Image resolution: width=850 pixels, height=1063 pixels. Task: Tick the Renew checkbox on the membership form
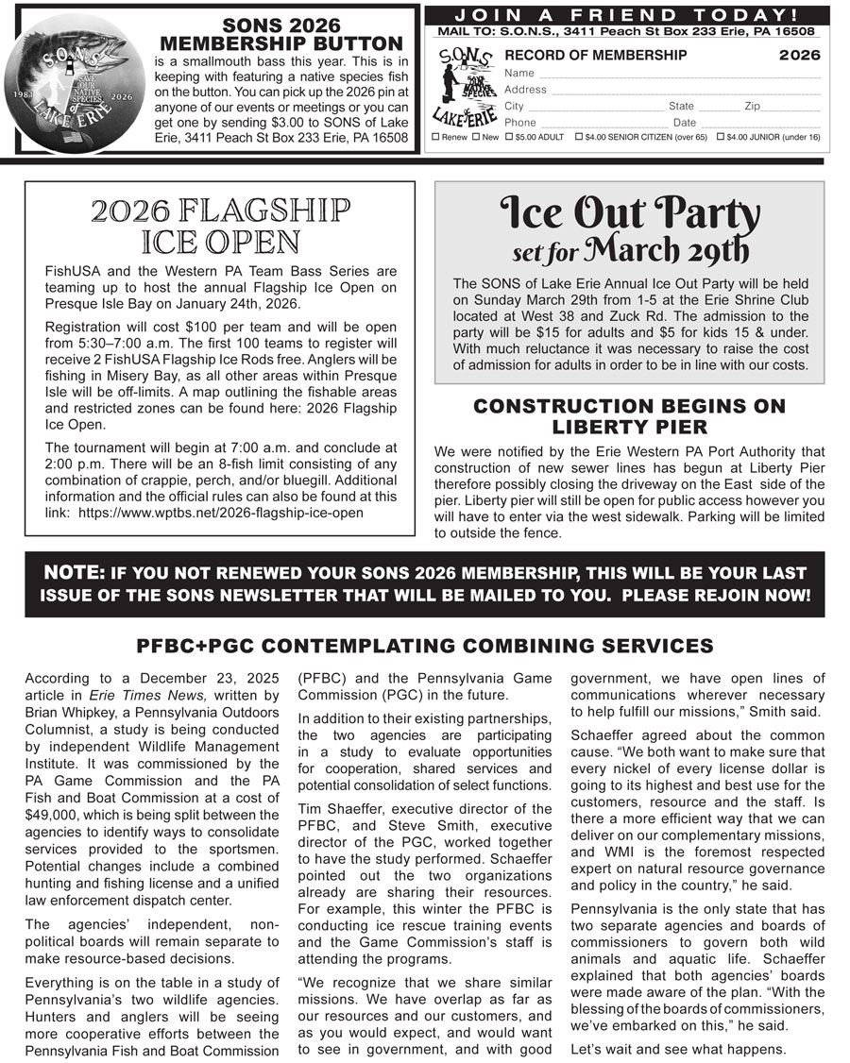435,138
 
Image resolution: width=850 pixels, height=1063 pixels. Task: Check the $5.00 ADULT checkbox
509,138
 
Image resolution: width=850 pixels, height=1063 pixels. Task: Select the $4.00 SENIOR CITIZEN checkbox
579,138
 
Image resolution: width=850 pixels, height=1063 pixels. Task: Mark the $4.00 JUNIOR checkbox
722,138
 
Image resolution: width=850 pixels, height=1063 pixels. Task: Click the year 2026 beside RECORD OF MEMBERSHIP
799,56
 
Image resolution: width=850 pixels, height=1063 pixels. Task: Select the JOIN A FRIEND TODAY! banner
627,15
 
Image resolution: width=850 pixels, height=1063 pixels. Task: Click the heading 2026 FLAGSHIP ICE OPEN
220,227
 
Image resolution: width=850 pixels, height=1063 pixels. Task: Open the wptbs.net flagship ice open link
221,513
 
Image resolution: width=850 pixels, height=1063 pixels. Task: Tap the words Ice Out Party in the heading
629,215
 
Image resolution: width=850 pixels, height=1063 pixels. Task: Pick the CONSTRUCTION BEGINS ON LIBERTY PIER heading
629,416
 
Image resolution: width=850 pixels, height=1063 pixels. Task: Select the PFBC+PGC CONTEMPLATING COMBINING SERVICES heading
424,647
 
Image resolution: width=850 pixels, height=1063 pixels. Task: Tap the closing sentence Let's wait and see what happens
678,1049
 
